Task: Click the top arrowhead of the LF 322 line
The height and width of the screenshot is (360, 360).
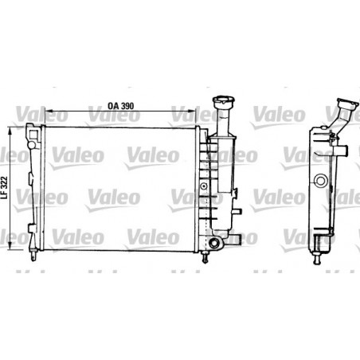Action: [9, 127]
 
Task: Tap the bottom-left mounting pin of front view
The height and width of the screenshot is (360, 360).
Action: [35, 256]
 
